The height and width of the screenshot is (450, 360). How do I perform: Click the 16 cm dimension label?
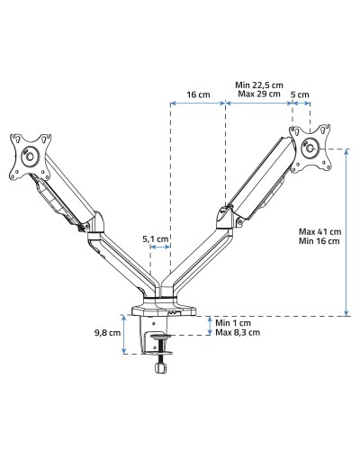click(x=198, y=93)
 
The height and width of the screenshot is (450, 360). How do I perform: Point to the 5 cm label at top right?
click(x=301, y=93)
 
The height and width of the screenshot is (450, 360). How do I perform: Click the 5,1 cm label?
click(x=155, y=239)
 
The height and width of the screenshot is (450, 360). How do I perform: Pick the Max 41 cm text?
click(x=319, y=231)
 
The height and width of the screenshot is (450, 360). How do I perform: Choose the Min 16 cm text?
click(x=319, y=241)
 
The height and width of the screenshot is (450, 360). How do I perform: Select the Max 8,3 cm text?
click(x=238, y=332)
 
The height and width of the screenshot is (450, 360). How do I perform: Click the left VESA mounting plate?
click(x=29, y=154)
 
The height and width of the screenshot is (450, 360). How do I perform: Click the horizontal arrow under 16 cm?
click(x=198, y=103)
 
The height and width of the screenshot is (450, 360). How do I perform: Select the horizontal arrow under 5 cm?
click(x=301, y=103)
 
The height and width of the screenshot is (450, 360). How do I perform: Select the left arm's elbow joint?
click(x=95, y=222)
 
